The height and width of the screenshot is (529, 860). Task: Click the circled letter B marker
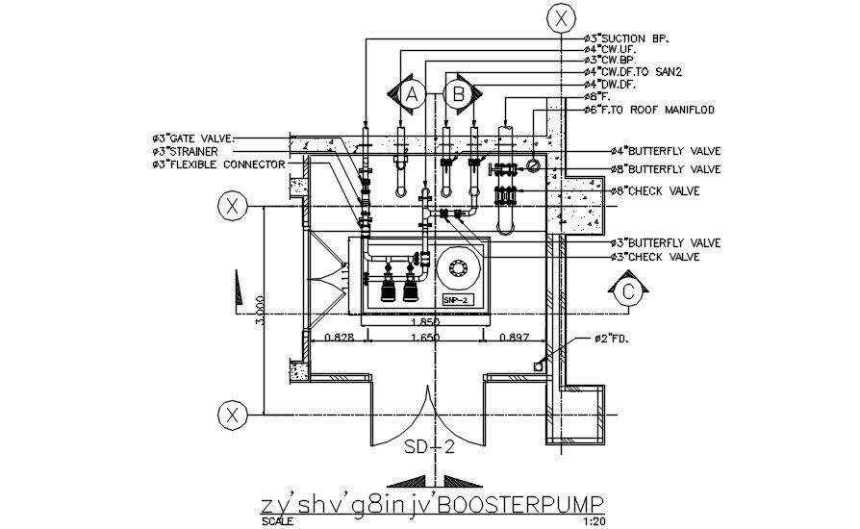click(460, 94)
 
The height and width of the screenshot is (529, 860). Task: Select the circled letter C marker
click(628, 293)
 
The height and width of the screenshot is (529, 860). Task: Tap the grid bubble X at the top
click(561, 16)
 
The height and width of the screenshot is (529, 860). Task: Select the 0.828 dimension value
click(341, 337)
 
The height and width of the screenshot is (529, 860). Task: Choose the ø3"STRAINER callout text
click(184, 151)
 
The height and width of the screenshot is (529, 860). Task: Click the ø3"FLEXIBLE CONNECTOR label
click(217, 164)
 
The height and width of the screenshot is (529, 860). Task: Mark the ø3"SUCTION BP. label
click(626, 38)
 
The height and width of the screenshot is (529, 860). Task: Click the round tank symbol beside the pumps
click(456, 270)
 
